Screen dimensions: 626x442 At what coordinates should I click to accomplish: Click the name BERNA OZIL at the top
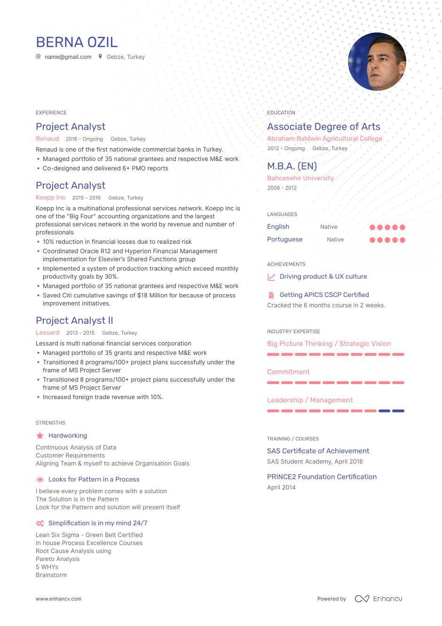pyautogui.click(x=77, y=42)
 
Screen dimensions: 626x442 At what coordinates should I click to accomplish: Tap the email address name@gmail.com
pyautogui.click(x=68, y=57)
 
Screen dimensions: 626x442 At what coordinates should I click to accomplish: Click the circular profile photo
pyautogui.click(x=377, y=62)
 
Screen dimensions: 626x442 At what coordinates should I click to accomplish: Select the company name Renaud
pyautogui.click(x=47, y=139)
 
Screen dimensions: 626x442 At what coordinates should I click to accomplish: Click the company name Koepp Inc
pyautogui.click(x=51, y=198)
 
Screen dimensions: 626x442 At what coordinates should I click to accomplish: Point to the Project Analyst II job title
pyautogui.click(x=74, y=321)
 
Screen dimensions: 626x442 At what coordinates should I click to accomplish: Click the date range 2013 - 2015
pyautogui.click(x=80, y=333)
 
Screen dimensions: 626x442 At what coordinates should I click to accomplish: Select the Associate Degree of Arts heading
pyautogui.click(x=324, y=127)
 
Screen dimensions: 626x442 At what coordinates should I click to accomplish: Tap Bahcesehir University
pyautogui.click(x=300, y=178)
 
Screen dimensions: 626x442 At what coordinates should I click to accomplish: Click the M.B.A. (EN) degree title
pyautogui.click(x=292, y=166)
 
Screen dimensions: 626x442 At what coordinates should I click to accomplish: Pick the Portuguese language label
pyautogui.click(x=284, y=240)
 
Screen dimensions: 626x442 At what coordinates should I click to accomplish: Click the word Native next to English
pyautogui.click(x=329, y=227)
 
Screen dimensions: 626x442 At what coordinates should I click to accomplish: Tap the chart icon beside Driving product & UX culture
pyautogui.click(x=271, y=277)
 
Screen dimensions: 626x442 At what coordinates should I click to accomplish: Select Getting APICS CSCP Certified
pyautogui.click(x=324, y=295)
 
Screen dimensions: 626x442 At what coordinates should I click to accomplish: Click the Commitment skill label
pyautogui.click(x=288, y=372)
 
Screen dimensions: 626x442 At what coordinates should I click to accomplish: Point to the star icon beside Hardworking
pyautogui.click(x=40, y=436)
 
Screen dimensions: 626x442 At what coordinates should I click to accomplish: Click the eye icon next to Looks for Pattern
pyautogui.click(x=40, y=480)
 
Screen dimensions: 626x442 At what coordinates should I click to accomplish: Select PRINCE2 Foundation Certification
pyautogui.click(x=322, y=477)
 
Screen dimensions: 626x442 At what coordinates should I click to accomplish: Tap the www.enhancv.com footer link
pyautogui.click(x=58, y=599)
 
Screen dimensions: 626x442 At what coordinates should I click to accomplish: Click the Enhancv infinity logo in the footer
pyautogui.click(x=362, y=599)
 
